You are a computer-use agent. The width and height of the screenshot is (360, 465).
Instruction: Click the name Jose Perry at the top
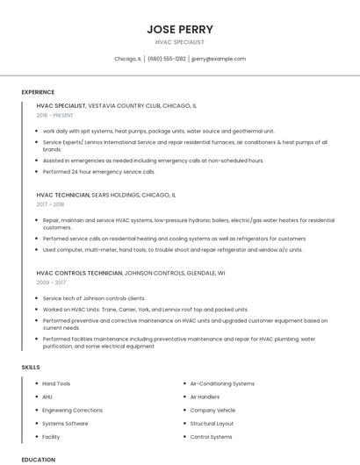click(x=180, y=29)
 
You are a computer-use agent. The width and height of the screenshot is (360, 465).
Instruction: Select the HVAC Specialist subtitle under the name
click(x=180, y=42)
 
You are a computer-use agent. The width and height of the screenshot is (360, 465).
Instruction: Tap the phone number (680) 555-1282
click(x=167, y=59)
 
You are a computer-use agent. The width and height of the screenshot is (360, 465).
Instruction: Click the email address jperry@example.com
click(x=219, y=59)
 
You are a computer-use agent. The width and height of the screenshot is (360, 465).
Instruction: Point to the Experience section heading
click(x=38, y=92)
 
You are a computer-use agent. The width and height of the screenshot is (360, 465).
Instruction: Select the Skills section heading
click(x=31, y=366)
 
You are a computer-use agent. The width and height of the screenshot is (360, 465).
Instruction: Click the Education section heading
click(x=38, y=459)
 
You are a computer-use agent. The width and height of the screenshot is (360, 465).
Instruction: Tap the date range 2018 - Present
click(x=55, y=115)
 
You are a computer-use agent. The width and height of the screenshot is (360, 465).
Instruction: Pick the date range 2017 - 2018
click(x=51, y=204)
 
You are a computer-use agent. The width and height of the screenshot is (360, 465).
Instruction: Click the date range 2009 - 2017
click(x=51, y=283)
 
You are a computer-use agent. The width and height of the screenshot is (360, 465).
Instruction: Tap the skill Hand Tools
click(x=57, y=383)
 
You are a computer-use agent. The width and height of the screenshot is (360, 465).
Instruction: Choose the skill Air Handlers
click(x=205, y=397)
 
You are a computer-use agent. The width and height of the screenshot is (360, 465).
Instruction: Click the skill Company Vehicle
click(x=212, y=410)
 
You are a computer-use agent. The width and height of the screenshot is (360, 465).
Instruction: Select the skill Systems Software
click(x=66, y=423)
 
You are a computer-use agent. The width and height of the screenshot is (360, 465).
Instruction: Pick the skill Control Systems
click(x=212, y=436)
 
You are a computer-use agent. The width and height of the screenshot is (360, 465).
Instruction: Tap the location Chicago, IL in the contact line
click(x=128, y=59)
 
